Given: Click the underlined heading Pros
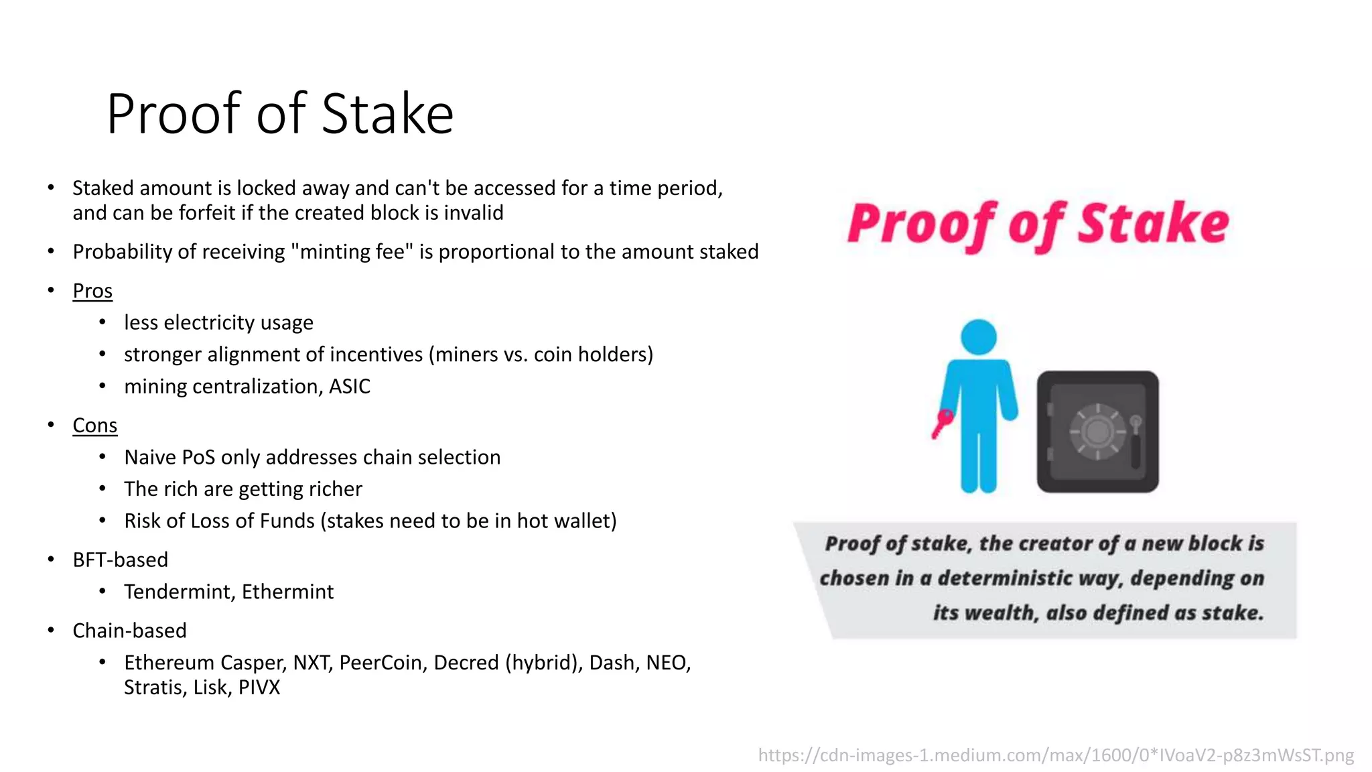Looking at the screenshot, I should click(92, 291).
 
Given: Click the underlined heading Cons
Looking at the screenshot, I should click(94, 426).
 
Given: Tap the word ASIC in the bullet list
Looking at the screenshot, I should click(349, 387).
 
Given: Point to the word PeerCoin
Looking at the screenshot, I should click(380, 663).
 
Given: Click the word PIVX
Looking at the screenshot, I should click(259, 688).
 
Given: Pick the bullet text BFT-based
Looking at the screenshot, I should click(120, 560).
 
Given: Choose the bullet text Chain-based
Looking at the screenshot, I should click(129, 631).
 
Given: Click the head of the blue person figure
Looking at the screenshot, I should click(978, 336).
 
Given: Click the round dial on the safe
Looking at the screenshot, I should click(1097, 431).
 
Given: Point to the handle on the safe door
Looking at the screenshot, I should click(1136, 442).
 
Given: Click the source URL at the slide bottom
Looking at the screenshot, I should click(1056, 755).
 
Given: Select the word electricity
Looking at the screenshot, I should click(209, 323).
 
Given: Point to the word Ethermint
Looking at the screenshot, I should click(287, 592).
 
